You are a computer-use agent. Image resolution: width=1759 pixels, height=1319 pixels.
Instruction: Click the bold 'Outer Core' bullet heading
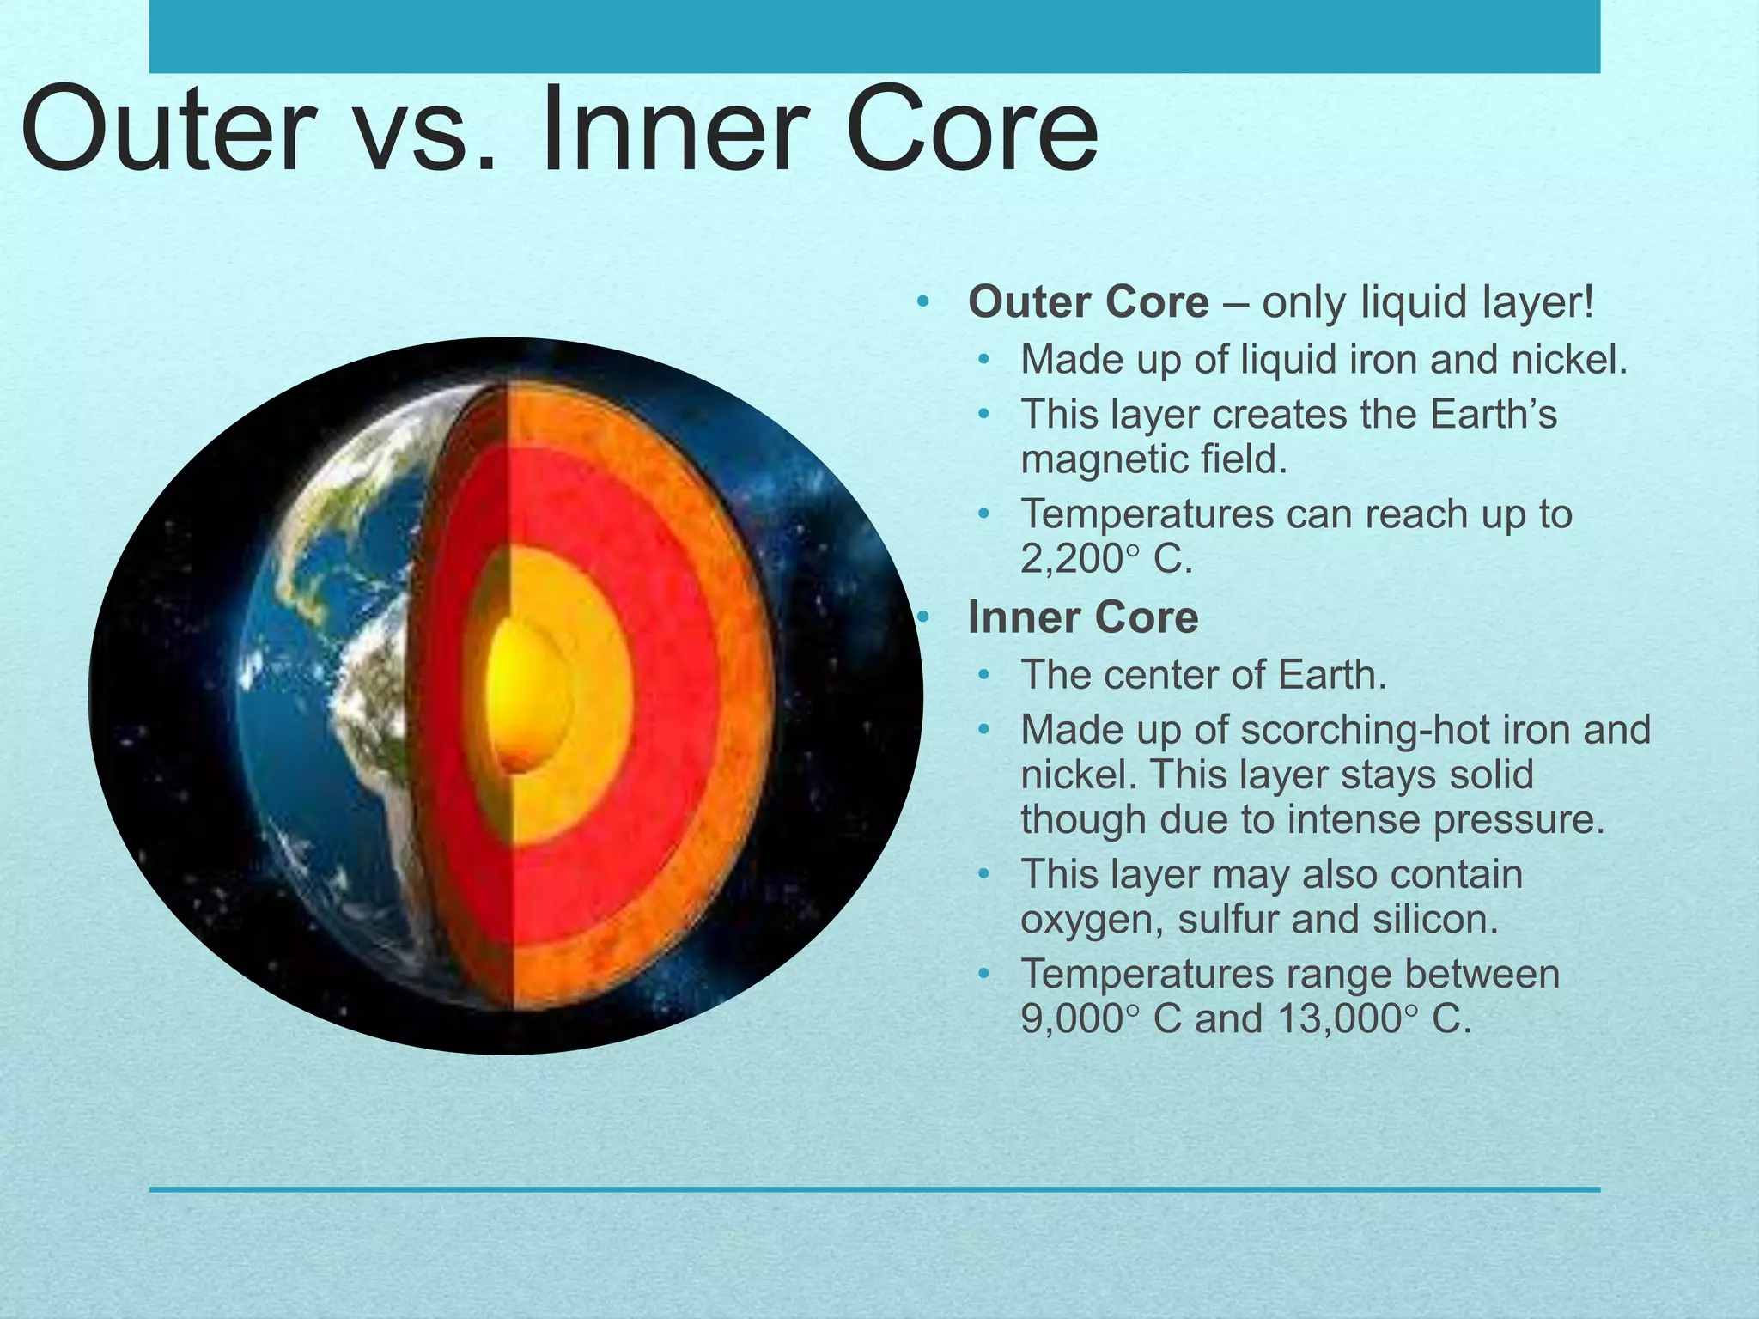pyautogui.click(x=1088, y=302)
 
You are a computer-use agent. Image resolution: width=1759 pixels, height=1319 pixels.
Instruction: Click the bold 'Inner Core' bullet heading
pyautogui.click(x=1082, y=617)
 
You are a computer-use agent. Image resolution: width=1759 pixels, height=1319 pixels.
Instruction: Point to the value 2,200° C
pyautogui.click(x=1106, y=560)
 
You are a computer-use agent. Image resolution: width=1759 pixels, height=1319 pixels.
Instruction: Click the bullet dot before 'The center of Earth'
pyautogui.click(x=984, y=676)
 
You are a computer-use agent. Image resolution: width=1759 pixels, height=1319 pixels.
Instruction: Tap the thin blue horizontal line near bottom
pyautogui.click(x=874, y=1189)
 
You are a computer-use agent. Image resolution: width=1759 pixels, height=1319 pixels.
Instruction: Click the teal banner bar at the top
pyautogui.click(x=874, y=36)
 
